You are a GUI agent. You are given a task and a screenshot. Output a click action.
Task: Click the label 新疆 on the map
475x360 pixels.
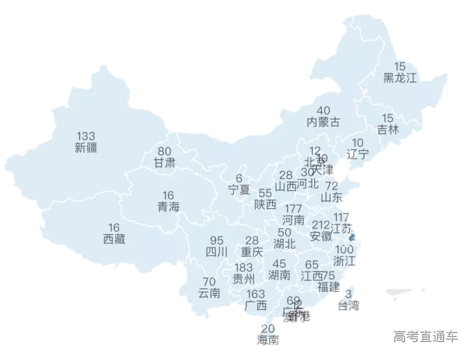coord(86,148)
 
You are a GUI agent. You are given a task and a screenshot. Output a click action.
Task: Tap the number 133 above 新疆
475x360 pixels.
coord(86,136)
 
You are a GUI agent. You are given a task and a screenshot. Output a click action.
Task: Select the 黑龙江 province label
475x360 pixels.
coord(400,78)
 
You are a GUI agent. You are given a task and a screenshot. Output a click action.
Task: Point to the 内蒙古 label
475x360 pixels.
coord(324,122)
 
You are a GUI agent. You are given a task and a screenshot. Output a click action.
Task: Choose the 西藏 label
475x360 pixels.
coord(114,239)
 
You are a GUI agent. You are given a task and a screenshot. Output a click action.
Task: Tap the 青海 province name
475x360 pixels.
coord(168,207)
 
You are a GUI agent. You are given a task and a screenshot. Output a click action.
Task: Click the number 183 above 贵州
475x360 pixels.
coord(244,267)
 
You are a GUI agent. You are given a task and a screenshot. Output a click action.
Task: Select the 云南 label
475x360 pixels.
coord(209,293)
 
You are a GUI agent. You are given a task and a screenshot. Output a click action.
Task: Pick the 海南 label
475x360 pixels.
coord(268,340)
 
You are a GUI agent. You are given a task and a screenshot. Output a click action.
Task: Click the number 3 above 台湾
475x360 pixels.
coord(349,294)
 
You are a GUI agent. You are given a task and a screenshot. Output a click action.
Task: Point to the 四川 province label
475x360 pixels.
coord(217,252)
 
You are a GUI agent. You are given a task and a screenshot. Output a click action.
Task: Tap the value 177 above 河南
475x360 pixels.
coord(293,209)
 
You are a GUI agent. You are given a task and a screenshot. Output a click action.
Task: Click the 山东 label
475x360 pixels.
coord(331,197)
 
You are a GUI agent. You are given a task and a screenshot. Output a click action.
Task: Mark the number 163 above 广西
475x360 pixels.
coord(256,294)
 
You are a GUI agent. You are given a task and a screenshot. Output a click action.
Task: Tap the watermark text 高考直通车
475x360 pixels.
coord(425,337)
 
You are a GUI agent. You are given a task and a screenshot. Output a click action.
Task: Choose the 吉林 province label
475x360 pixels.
coord(388,130)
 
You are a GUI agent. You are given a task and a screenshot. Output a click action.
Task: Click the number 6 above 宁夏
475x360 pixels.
coord(239,178)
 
